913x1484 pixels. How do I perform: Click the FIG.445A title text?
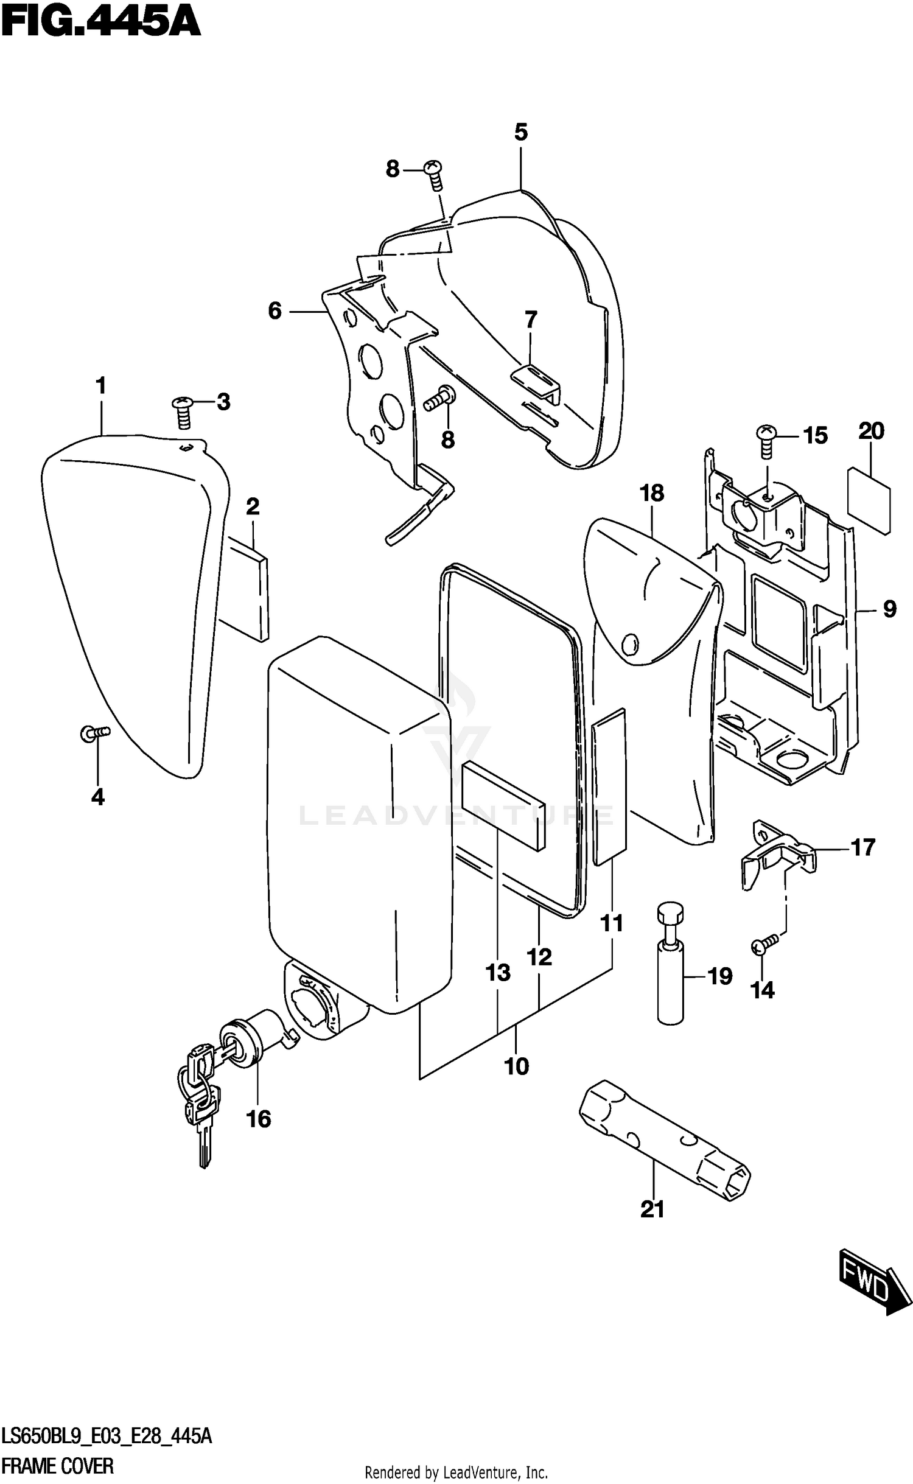tap(100, 23)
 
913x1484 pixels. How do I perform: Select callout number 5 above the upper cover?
tap(520, 132)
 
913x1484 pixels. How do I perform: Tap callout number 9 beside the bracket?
tap(889, 608)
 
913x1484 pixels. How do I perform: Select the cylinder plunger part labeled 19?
tap(670, 968)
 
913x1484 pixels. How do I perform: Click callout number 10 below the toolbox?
tap(517, 1066)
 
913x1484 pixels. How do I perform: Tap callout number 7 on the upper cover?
tap(531, 319)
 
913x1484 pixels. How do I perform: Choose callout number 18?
tap(652, 493)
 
